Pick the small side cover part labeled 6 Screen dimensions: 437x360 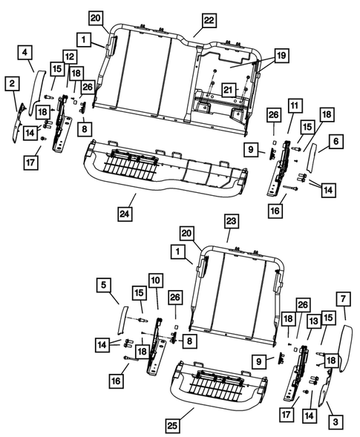312,157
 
